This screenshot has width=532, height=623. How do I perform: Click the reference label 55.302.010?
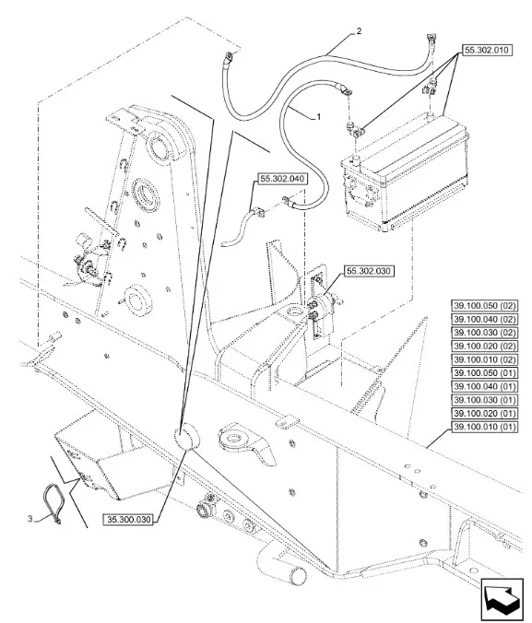[487, 51]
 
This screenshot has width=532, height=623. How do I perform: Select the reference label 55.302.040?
[283, 179]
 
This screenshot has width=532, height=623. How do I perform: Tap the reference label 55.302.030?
[370, 271]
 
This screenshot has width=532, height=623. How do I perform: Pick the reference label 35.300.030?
[129, 519]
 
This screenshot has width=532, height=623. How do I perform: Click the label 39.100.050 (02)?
[485, 306]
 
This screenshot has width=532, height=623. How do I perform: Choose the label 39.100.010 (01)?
[485, 427]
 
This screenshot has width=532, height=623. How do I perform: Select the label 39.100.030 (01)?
[485, 400]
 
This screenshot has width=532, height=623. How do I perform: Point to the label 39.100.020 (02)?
[485, 347]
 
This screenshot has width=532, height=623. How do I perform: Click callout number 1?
[318, 117]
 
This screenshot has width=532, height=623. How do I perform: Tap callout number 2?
[359, 31]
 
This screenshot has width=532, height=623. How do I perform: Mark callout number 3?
[30, 519]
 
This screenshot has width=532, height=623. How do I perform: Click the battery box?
[404, 173]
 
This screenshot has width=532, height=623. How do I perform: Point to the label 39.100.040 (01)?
[485, 386]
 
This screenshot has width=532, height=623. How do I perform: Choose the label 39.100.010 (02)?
[485, 359]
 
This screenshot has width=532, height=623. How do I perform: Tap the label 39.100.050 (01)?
[485, 373]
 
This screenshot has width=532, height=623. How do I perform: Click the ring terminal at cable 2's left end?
[229, 58]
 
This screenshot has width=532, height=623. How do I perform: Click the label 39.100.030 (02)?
[485, 333]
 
